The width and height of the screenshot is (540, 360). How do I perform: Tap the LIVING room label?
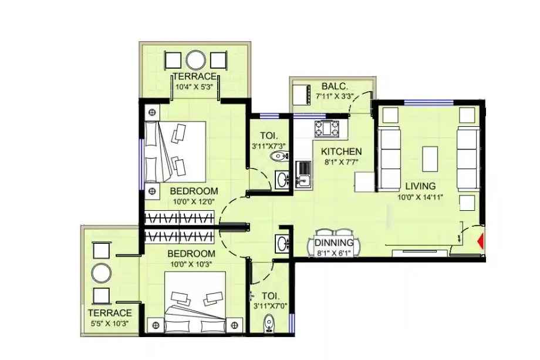[420, 187]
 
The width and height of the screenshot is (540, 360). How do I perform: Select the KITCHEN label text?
[341, 152]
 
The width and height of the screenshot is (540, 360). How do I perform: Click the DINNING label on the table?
[334, 243]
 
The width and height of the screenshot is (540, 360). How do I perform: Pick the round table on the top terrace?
[195, 60]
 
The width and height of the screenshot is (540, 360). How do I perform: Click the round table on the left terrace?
[102, 272]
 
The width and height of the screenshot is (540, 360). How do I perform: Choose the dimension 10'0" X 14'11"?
[420, 197]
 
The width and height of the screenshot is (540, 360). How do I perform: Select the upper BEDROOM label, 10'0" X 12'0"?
[194, 191]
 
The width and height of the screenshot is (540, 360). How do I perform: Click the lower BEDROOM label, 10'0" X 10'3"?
[191, 254]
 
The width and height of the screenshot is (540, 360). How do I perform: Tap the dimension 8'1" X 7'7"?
[341, 162]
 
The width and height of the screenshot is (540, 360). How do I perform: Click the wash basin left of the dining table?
[282, 243]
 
